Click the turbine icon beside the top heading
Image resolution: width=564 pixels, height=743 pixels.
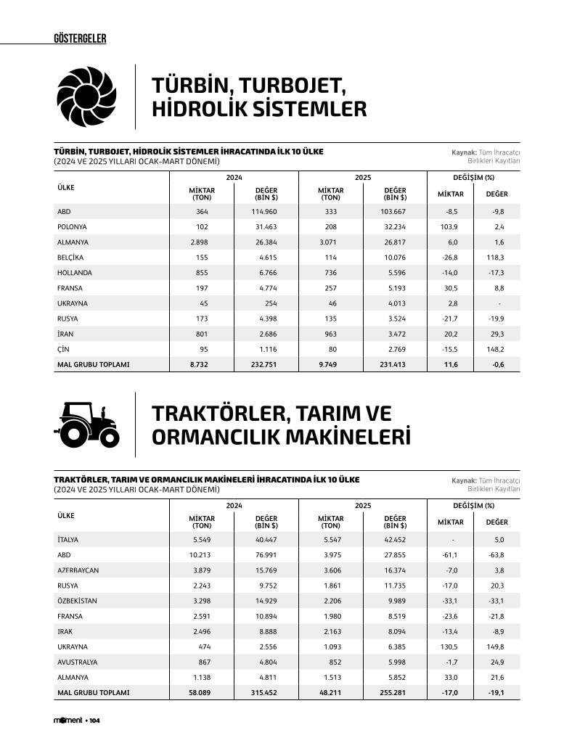[86, 96]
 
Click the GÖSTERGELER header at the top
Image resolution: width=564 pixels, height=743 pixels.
[80, 38]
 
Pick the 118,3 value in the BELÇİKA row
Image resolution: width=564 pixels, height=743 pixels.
[496, 258]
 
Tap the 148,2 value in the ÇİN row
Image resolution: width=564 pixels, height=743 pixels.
[496, 349]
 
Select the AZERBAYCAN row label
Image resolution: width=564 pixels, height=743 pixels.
[78, 570]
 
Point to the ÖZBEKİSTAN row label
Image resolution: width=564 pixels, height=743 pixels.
[77, 601]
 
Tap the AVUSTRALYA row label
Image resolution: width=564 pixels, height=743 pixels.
[77, 662]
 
